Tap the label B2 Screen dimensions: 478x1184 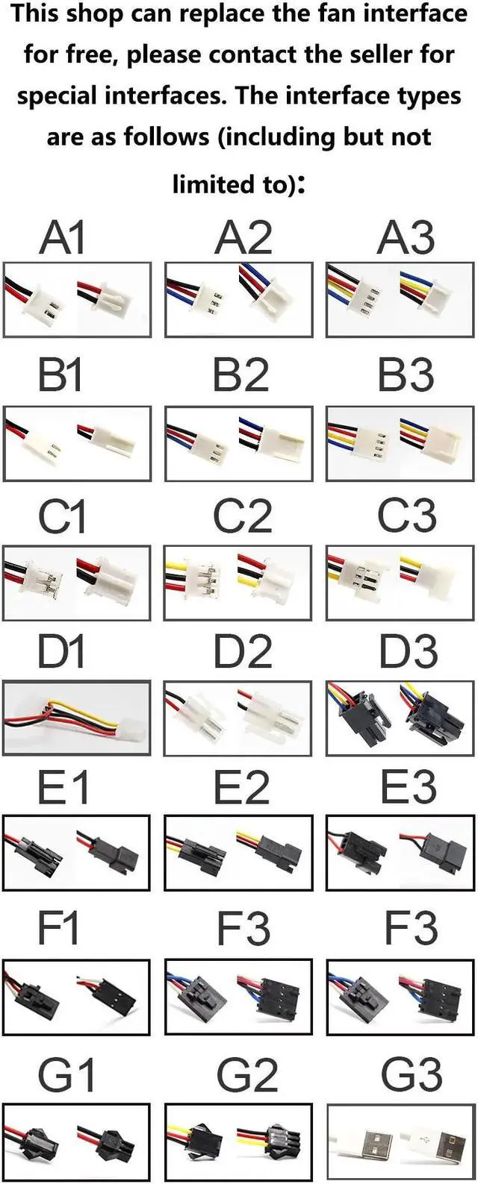click(x=240, y=375)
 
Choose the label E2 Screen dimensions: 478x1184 click(x=240, y=787)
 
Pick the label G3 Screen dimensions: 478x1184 click(x=412, y=1074)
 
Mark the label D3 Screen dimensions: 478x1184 click(x=408, y=651)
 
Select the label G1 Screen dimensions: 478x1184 click(x=66, y=1074)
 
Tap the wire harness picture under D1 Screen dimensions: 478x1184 click(x=77, y=717)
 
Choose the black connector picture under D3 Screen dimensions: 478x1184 click(x=400, y=717)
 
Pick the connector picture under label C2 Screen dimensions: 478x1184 click(x=238, y=583)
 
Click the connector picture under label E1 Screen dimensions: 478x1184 click(x=76, y=853)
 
